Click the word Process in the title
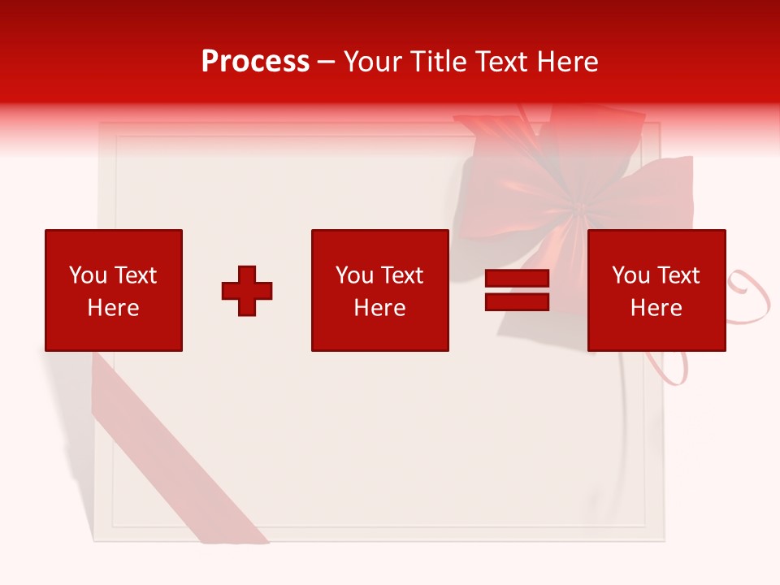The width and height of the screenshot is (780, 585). (x=255, y=62)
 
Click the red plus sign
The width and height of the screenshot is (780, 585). (x=247, y=291)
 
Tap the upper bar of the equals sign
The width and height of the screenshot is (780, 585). (x=517, y=279)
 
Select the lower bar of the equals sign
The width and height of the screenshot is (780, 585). (x=517, y=301)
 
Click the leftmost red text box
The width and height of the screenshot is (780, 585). (x=113, y=290)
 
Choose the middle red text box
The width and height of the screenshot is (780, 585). (x=379, y=290)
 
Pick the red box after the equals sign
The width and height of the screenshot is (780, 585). (x=656, y=290)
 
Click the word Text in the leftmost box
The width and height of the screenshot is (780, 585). (x=136, y=275)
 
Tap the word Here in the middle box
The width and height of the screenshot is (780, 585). (x=379, y=308)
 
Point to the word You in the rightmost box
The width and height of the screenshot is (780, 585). (x=630, y=275)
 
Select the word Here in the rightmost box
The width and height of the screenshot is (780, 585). (x=656, y=308)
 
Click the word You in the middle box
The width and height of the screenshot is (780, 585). (x=354, y=275)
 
